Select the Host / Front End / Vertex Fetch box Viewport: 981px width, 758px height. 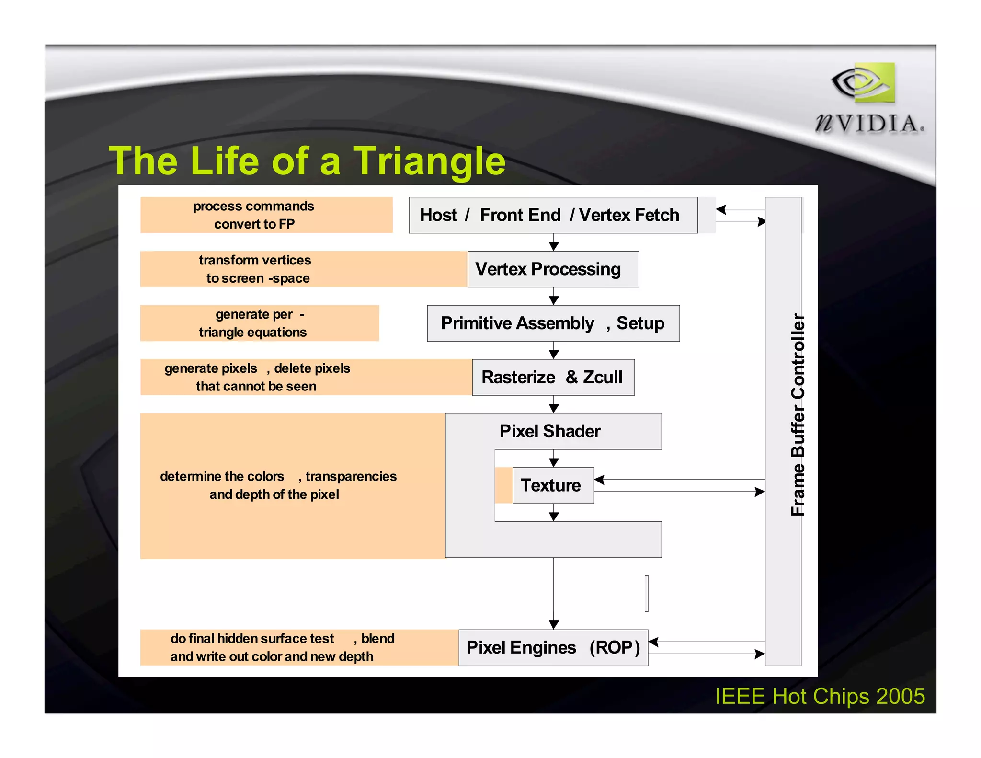553,215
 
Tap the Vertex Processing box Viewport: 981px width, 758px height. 553,269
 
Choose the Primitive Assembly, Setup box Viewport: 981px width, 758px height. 553,323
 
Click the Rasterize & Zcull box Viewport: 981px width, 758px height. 553,378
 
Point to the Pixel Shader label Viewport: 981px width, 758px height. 550,431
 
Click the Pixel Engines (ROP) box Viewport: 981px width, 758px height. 553,648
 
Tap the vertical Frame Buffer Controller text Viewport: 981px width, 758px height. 798,414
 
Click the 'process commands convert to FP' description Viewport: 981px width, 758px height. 254,215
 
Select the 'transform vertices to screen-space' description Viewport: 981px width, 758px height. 255,269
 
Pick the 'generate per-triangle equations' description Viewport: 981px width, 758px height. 254,323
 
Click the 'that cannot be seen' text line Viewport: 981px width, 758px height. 256,387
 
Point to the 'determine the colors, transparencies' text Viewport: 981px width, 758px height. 278,476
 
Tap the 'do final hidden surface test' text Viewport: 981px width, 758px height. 252,639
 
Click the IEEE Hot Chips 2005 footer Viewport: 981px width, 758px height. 820,696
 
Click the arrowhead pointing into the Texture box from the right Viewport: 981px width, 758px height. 599,480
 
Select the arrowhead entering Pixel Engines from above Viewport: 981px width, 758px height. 554,625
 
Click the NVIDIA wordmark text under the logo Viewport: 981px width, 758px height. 869,124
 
